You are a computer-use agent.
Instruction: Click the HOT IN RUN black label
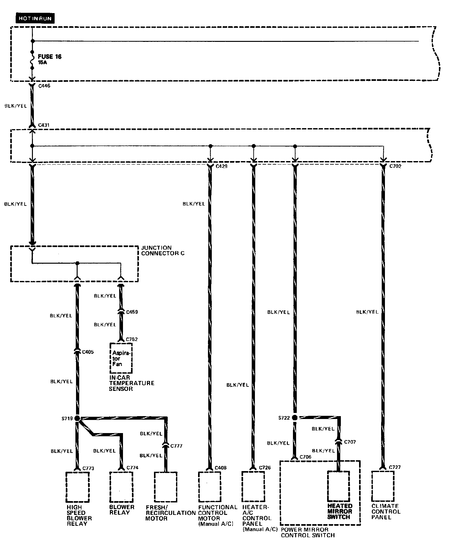[x=34, y=19]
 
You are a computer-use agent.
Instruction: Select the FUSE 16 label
[x=50, y=57]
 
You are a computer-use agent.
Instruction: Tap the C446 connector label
[x=44, y=86]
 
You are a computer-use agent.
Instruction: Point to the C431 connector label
[x=44, y=125]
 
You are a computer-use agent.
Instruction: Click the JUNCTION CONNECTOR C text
[x=163, y=251]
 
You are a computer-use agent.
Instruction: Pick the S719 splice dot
[x=77, y=418]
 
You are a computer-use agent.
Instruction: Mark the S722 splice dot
[x=295, y=418]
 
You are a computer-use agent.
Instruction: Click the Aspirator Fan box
[x=121, y=358]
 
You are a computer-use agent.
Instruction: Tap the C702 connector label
[x=395, y=166]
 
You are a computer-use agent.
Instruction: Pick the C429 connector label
[x=221, y=166]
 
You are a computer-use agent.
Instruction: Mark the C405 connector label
[x=88, y=352]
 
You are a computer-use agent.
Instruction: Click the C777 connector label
[x=176, y=446]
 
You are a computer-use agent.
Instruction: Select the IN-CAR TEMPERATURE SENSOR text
[x=132, y=383]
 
